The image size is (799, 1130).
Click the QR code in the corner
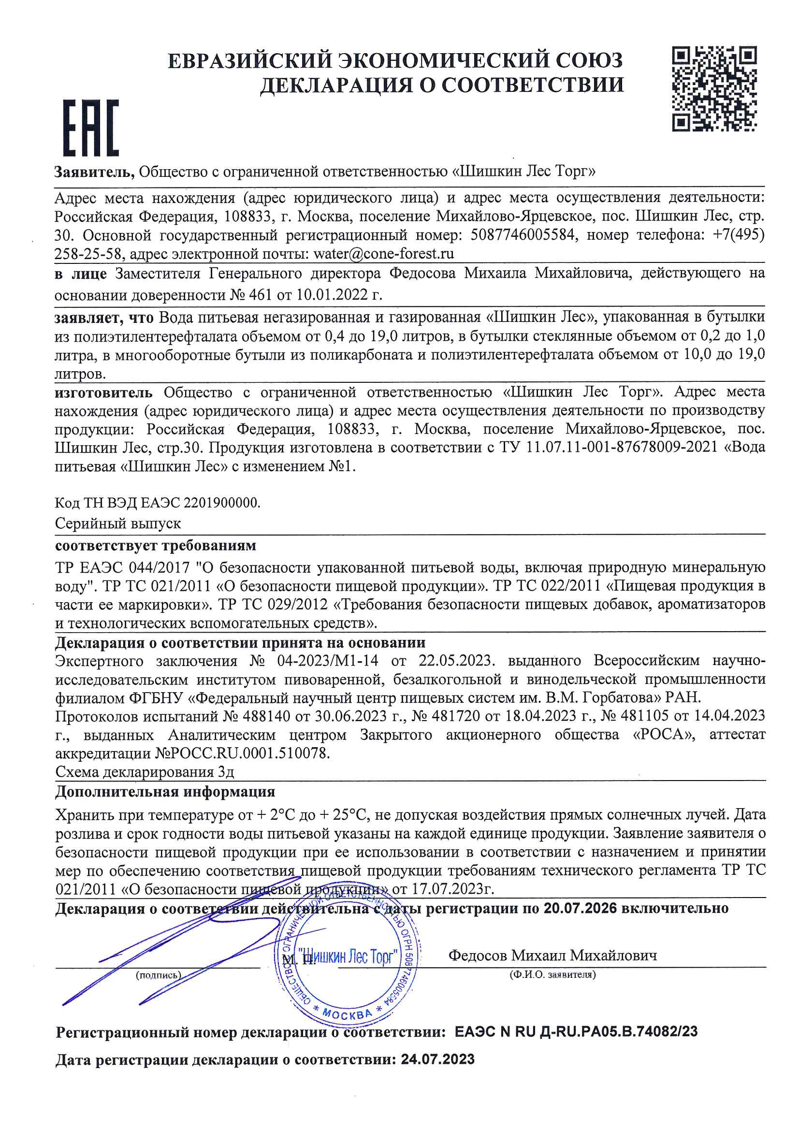(x=714, y=89)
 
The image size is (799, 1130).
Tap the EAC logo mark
(x=91, y=128)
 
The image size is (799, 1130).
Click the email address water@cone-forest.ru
(x=383, y=254)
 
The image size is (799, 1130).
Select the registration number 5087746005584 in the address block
(x=523, y=235)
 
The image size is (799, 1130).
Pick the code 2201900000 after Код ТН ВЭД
(x=220, y=503)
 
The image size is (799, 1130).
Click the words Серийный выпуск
(x=117, y=523)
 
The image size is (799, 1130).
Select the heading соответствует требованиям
(x=156, y=545)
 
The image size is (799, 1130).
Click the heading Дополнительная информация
(x=165, y=792)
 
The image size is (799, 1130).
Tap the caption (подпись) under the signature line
(x=159, y=975)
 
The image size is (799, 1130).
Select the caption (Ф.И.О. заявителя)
(x=552, y=974)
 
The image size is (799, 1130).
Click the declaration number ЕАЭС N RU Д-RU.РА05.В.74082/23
(x=576, y=1031)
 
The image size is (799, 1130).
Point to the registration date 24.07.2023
(x=437, y=1059)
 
